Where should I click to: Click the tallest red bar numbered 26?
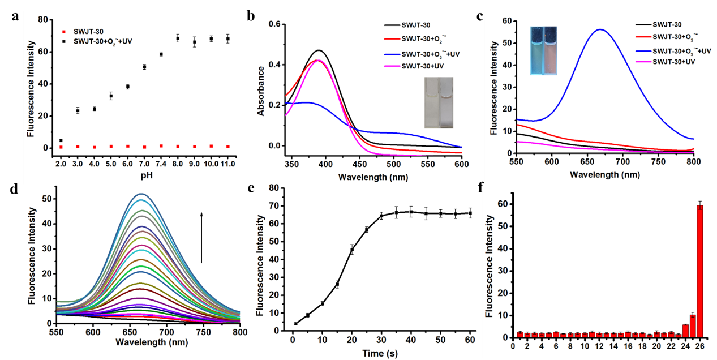(x=699, y=271)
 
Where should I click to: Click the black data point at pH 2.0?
(x=61, y=140)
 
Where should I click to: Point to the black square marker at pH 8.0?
(x=178, y=38)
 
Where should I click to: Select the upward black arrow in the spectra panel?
(x=201, y=238)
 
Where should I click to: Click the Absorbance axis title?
(x=261, y=91)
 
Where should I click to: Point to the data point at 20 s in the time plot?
(x=351, y=250)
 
